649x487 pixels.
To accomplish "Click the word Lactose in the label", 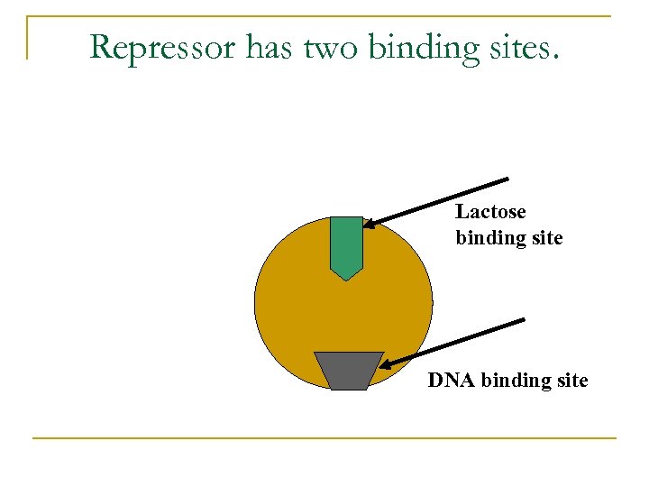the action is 490,212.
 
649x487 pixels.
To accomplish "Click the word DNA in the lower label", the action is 452,381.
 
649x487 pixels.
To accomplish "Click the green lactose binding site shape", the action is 346,244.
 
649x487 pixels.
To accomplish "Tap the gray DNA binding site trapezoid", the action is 348,371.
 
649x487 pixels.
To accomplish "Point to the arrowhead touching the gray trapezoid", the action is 384,365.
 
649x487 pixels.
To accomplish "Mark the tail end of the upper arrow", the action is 509,178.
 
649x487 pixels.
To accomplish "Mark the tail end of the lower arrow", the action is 524,319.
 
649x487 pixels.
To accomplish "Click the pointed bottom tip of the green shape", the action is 347,280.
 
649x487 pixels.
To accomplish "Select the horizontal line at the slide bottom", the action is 324,438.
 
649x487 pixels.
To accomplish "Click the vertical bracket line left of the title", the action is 27,38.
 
